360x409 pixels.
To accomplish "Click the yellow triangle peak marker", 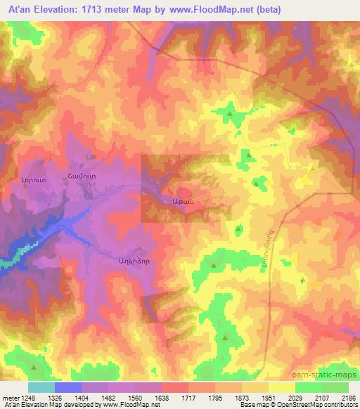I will pyautogui.click(x=311, y=168).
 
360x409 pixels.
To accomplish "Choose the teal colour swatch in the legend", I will pyautogui.click(x=41, y=387).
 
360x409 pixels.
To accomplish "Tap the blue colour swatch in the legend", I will pyautogui.click(x=68, y=387).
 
